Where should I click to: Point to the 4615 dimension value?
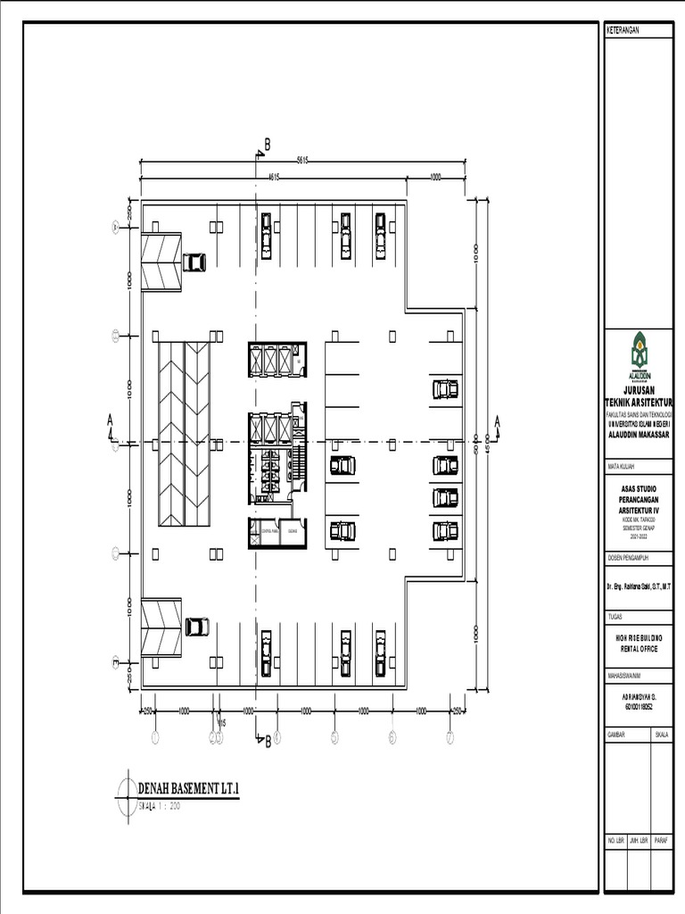pos(275,176)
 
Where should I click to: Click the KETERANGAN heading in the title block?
pos(624,30)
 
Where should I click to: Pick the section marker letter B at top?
pos(266,145)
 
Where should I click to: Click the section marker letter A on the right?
pos(498,420)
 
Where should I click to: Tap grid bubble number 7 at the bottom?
pos(450,737)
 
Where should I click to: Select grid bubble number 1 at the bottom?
pos(154,737)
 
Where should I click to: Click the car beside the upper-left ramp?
pos(194,262)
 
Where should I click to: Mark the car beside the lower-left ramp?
pos(197,627)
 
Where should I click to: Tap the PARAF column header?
pos(661,841)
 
